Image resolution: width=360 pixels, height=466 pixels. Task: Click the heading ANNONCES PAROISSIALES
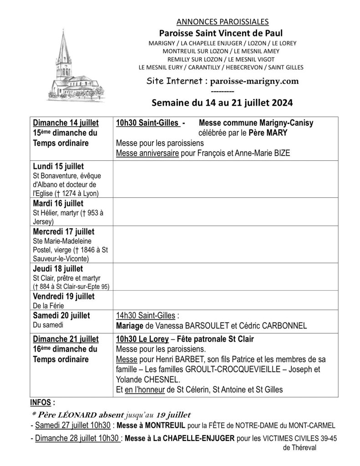pos(221,21)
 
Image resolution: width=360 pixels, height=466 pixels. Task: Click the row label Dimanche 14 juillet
pos(66,123)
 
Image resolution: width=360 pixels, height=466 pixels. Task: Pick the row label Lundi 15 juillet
pos(58,166)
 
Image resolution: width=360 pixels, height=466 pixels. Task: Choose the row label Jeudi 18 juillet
pos(58,269)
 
